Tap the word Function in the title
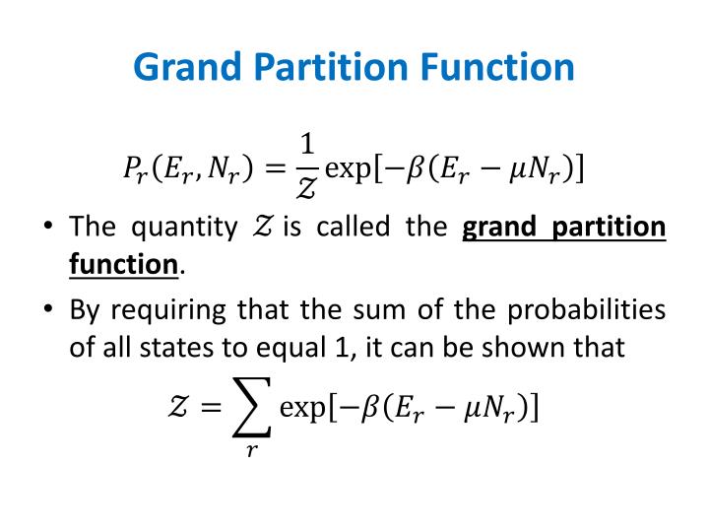pos(501,68)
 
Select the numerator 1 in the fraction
pos(307,145)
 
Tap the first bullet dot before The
pos(47,229)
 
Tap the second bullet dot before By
pos(47,311)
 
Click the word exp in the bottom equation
pos(302,407)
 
